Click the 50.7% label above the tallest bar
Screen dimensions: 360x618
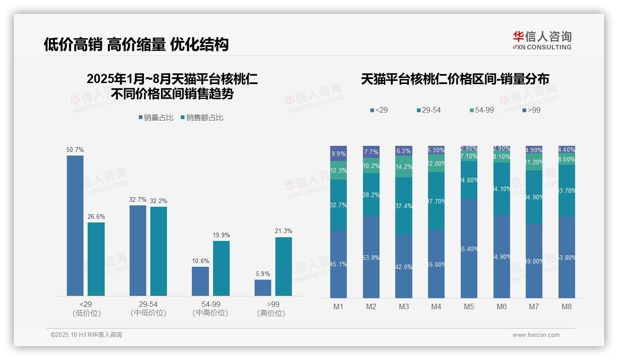click(x=75, y=150)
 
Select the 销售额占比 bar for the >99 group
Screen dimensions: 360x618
click(x=283, y=266)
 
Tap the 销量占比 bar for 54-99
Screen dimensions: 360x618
click(x=200, y=281)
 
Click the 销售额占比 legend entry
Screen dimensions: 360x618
click(x=202, y=118)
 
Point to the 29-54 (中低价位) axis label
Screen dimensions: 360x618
click(x=148, y=309)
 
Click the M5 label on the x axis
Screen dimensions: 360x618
click(x=469, y=306)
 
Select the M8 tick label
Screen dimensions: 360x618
click(x=567, y=306)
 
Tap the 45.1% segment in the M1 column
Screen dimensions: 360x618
click(x=339, y=264)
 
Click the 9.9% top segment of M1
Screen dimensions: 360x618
click(x=339, y=154)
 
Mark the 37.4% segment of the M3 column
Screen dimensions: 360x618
click(x=404, y=206)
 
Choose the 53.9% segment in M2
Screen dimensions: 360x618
click(x=371, y=257)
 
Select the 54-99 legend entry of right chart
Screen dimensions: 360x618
click(x=481, y=110)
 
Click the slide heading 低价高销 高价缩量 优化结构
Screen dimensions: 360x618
click(x=136, y=44)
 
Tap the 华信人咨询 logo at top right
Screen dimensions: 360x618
click(x=542, y=40)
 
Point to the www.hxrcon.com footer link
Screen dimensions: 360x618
click(x=536, y=335)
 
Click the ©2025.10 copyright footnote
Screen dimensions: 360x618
click(x=86, y=335)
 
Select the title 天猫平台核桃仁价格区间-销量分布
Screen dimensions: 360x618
click(x=455, y=79)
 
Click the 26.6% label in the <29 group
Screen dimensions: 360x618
click(x=96, y=216)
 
